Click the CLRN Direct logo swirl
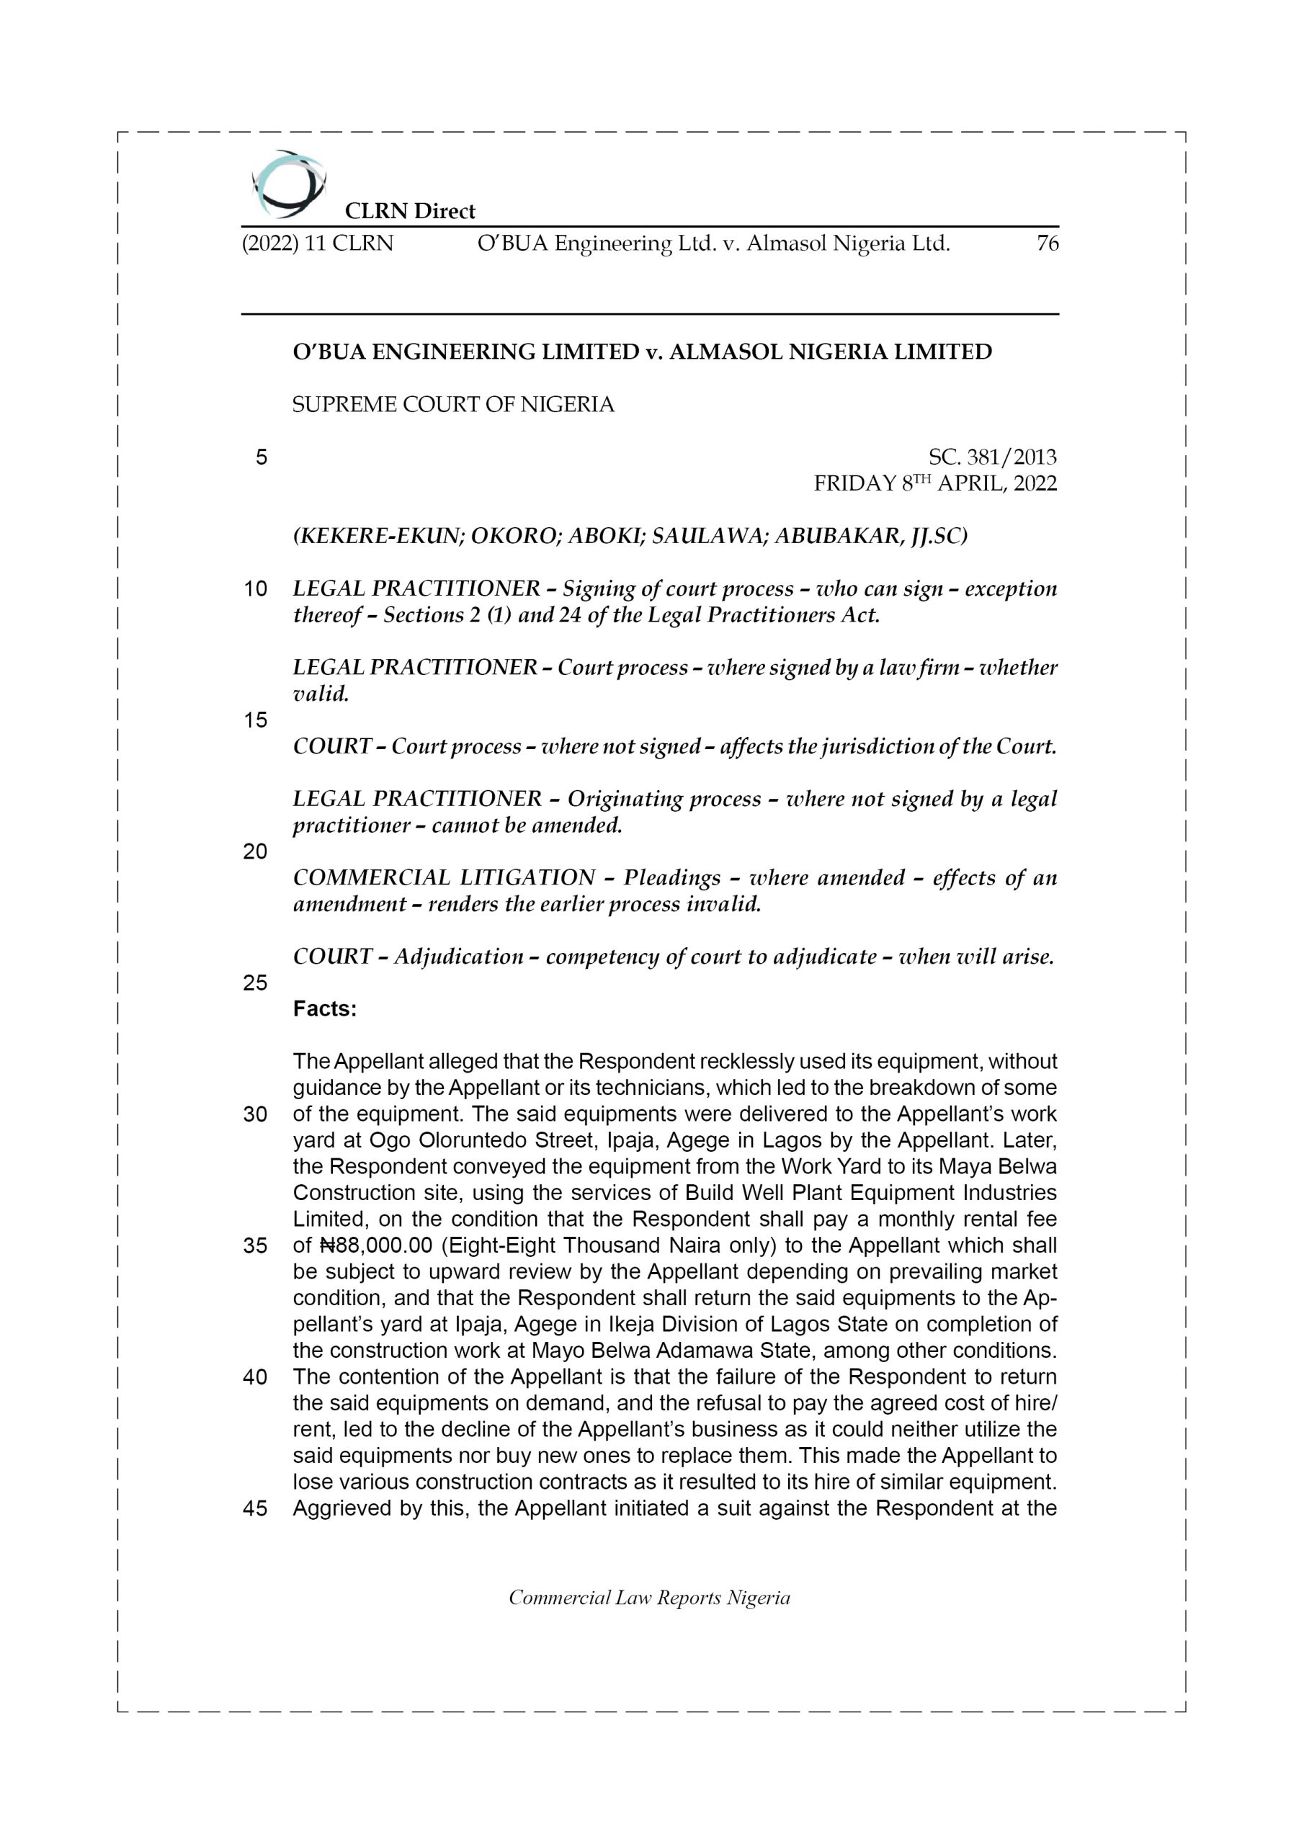(288, 184)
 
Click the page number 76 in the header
(1047, 243)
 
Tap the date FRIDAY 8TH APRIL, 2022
(935, 483)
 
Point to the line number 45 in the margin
(255, 1508)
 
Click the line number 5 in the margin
(261, 458)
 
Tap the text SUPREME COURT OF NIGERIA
(453, 404)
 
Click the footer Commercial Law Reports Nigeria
(649, 1598)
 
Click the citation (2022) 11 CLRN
(318, 243)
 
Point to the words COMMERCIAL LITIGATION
(444, 878)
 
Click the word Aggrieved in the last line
(341, 1508)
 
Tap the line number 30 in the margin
(255, 1115)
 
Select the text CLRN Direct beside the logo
(410, 211)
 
